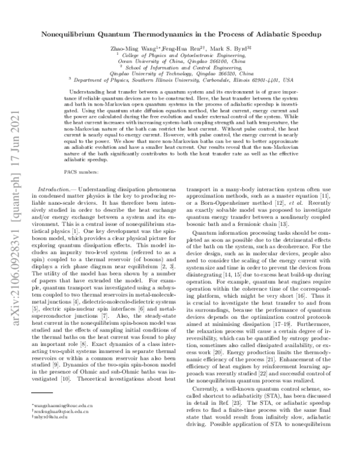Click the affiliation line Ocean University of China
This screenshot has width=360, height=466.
[181, 61]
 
